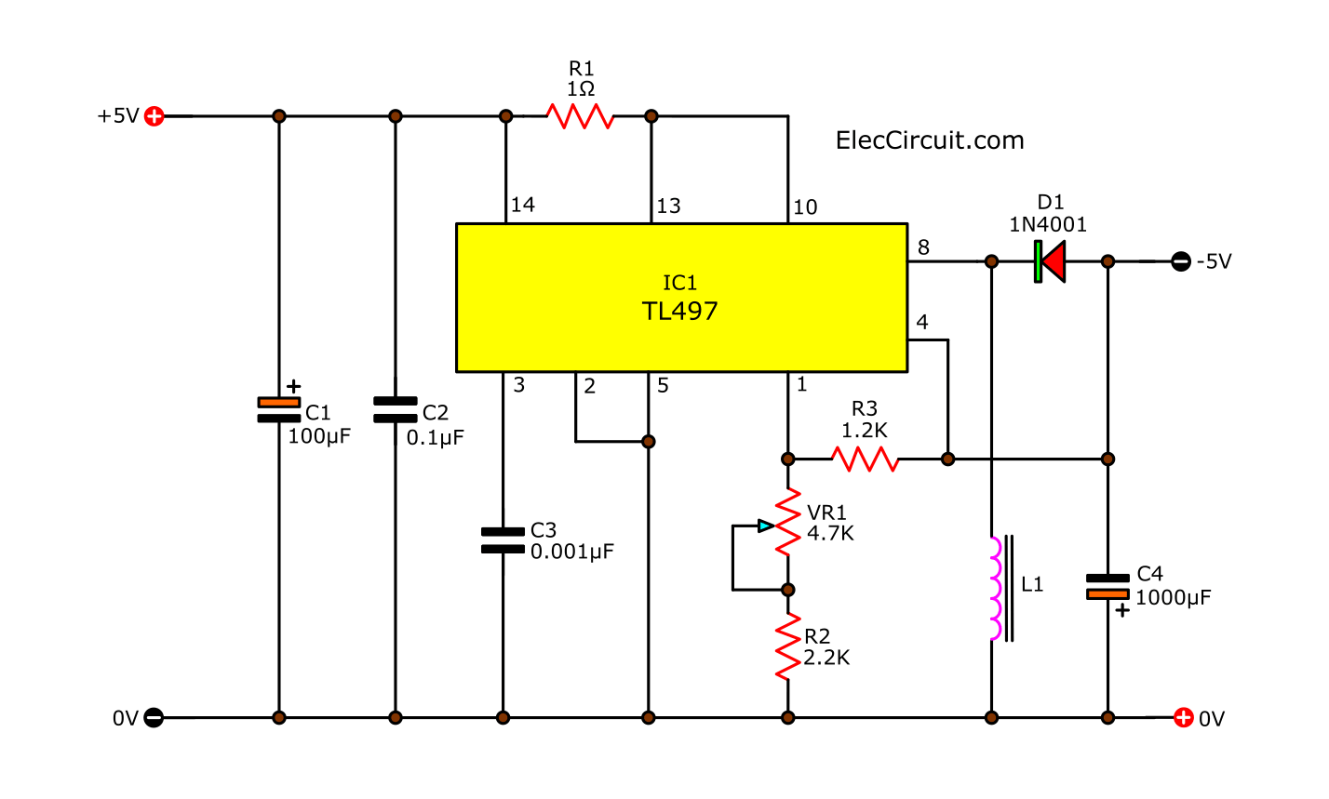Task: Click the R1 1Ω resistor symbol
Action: tap(580, 116)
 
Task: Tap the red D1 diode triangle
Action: tap(1052, 261)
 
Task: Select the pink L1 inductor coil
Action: tap(995, 589)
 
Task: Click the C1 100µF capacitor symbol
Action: tap(278, 409)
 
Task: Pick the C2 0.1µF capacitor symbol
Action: tap(395, 409)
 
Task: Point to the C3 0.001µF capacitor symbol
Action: tap(503, 540)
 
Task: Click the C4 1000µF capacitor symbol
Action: tap(1107, 586)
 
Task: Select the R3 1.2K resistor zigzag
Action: tap(865, 459)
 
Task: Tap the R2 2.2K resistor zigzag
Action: tap(788, 646)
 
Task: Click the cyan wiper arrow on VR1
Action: tap(765, 526)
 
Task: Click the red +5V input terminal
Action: tap(154, 116)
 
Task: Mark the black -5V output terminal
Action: tap(1180, 261)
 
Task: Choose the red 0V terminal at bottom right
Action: tap(1183, 717)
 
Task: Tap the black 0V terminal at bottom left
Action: tap(154, 717)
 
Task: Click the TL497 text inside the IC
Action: tap(680, 311)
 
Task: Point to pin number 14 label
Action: tap(523, 206)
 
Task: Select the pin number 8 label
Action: tap(923, 247)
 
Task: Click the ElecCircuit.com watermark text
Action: tap(930, 140)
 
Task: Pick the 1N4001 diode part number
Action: tap(1049, 224)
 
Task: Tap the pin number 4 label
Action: tap(922, 323)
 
